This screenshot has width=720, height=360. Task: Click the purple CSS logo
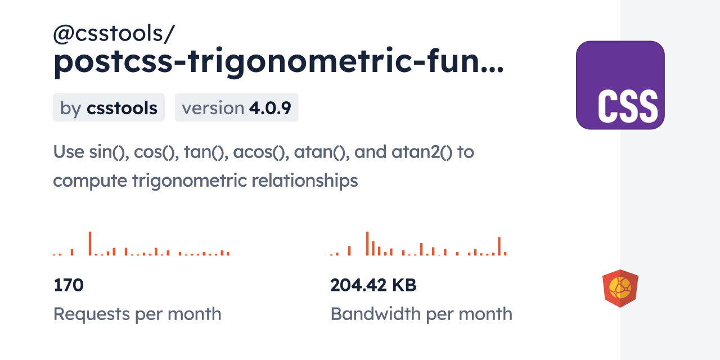point(620,85)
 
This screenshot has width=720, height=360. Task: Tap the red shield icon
point(620,289)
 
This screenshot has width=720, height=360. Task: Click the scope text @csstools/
point(114,35)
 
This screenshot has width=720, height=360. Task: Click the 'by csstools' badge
point(109,107)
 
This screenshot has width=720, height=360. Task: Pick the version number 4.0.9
point(270,107)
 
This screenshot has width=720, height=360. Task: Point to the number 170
point(69,285)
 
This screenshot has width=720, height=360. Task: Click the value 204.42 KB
point(373,285)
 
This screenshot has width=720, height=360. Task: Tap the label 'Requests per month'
point(137,314)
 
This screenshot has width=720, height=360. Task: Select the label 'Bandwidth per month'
point(421,314)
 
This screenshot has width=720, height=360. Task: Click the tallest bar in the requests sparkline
point(90,244)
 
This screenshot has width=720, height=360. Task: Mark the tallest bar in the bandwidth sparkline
point(367,244)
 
